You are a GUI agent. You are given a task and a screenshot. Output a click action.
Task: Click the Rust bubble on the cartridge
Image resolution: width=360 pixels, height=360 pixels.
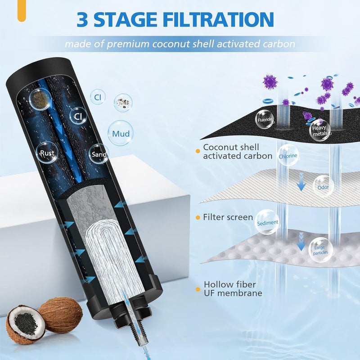(x=46, y=153)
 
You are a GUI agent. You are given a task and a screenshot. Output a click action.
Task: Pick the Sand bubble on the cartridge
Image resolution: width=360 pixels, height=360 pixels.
(x=99, y=154)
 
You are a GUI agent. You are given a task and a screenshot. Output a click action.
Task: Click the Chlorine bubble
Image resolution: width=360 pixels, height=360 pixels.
(x=288, y=156)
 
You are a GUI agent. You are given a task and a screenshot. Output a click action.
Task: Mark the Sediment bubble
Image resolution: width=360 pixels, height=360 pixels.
(x=267, y=222)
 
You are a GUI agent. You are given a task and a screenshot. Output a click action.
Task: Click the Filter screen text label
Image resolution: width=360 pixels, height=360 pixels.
(x=228, y=217)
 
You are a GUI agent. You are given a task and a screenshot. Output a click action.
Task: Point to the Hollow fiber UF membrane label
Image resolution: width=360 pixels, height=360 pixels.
(x=233, y=288)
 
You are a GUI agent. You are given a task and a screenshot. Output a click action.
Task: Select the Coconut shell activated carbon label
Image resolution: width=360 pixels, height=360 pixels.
(x=237, y=151)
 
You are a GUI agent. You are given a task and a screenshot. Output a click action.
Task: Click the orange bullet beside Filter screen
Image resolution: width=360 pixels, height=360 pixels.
(x=198, y=217)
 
